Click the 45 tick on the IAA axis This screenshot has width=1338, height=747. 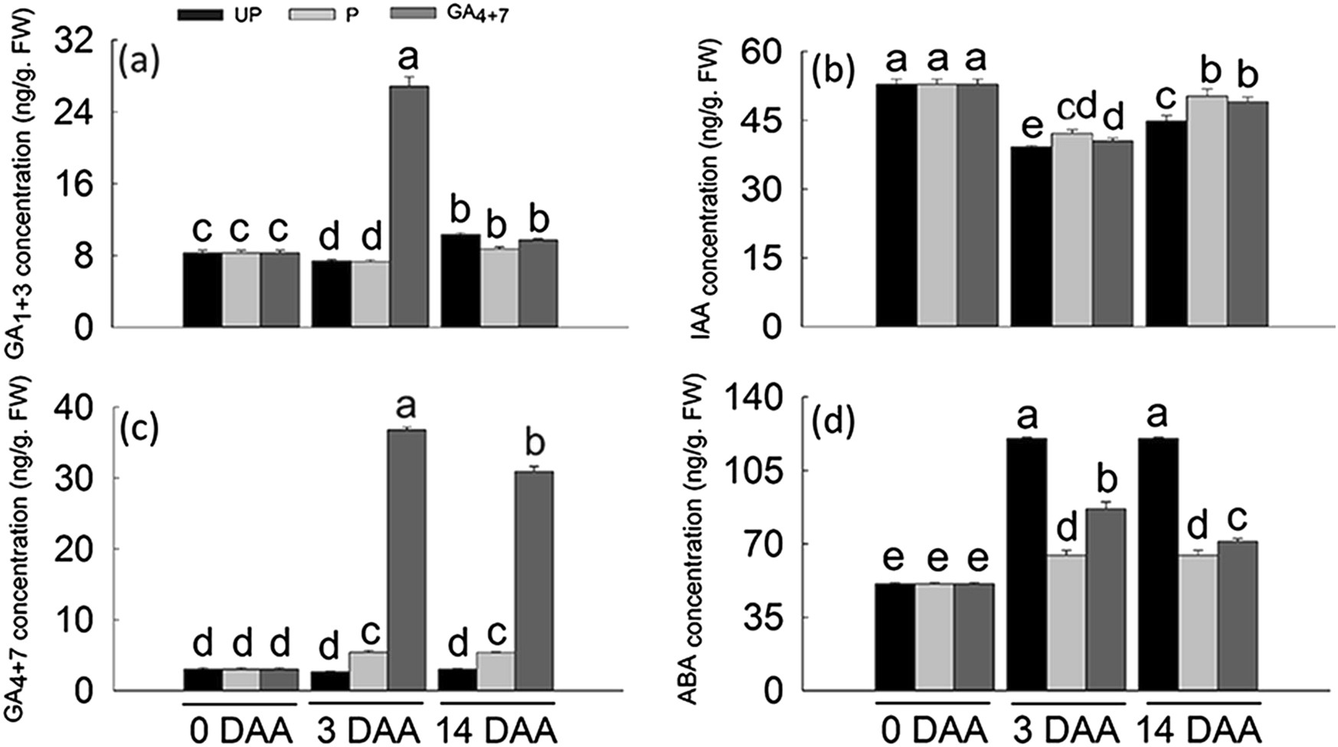(x=768, y=121)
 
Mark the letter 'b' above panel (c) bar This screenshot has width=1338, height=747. (x=534, y=444)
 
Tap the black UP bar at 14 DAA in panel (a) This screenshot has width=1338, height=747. (x=460, y=280)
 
